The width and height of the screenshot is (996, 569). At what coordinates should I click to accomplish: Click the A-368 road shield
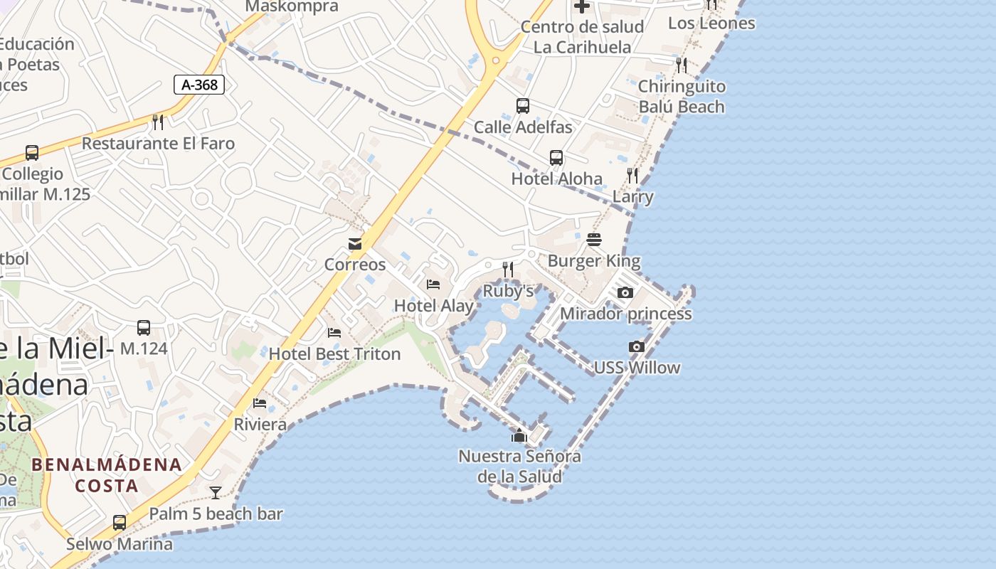pos(199,85)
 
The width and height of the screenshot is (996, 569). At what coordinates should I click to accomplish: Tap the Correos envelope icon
pos(355,244)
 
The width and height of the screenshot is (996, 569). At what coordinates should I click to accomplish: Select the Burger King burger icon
pos(594,240)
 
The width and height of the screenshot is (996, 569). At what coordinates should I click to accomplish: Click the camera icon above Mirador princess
pos(625,293)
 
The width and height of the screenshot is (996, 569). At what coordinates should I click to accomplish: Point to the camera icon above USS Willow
pos(637,347)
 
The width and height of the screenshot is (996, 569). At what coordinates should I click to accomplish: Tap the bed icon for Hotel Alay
pos(433,284)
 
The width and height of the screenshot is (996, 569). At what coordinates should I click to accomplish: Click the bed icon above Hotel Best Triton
pos(334,333)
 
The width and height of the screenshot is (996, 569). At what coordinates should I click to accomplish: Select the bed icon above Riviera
pos(260,403)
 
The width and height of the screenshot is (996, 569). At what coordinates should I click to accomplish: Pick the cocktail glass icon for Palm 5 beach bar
pos(216,492)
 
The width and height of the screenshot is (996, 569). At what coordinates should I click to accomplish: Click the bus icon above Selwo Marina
pos(120,523)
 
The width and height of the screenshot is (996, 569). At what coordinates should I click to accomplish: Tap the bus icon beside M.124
pos(144,328)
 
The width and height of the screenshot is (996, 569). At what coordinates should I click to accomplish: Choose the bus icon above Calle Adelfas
pos(523,106)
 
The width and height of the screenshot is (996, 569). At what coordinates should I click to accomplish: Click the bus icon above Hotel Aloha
pos(556,157)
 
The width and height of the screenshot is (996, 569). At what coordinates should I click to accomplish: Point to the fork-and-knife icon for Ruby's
pos(508,270)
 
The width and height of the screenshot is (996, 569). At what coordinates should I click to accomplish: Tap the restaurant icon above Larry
pos(632,175)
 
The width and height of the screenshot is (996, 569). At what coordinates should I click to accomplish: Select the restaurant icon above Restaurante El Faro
pos(158,122)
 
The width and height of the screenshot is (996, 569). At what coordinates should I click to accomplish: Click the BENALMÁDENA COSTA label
pos(107,475)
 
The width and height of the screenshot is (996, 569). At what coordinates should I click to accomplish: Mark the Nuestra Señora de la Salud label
pos(519,466)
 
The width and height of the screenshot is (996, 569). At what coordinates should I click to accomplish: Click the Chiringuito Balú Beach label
pos(682,97)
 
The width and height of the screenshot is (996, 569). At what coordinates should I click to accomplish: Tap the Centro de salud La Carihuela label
pos(582,37)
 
